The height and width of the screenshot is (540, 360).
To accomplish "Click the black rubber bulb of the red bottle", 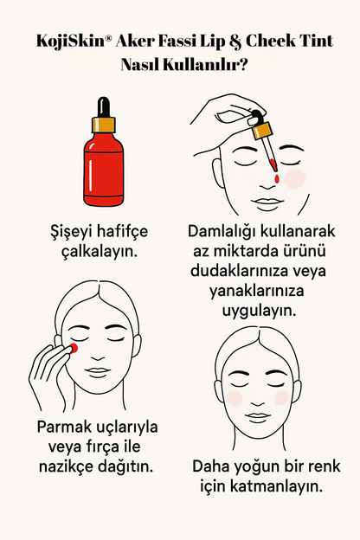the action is [x=103, y=107].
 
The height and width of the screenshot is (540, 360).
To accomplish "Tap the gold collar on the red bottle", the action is [x=103, y=125].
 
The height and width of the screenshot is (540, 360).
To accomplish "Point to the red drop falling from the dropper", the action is [x=277, y=179].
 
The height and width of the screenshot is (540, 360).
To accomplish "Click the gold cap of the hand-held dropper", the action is [x=262, y=132].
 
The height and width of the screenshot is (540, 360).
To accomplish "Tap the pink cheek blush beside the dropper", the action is [x=294, y=179].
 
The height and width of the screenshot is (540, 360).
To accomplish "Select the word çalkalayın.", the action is [x=100, y=252].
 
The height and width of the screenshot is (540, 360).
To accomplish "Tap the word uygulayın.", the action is [x=259, y=312].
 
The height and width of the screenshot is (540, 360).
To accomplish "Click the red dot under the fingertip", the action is [x=74, y=348].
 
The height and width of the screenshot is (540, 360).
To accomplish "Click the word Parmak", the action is [x=60, y=427].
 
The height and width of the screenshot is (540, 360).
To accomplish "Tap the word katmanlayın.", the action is [x=276, y=486].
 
